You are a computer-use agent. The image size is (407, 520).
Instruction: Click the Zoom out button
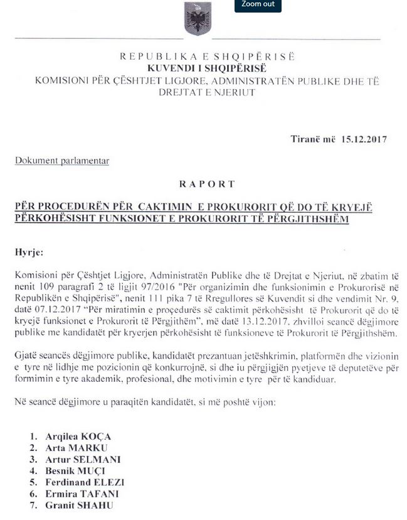[258, 4]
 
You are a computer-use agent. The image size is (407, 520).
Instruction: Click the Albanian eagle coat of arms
[197, 19]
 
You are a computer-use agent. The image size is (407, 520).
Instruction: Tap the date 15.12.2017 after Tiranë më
[364, 139]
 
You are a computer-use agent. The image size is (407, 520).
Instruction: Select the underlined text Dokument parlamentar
[62, 161]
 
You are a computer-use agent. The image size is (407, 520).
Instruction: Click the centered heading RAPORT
[207, 184]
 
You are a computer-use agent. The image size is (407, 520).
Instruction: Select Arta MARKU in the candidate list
[76, 448]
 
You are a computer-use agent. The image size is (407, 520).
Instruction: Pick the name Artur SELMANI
[82, 459]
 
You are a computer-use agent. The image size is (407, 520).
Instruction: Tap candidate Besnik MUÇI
[75, 471]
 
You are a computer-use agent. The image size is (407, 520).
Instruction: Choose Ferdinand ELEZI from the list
[85, 482]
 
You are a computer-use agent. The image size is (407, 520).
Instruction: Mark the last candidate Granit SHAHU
[79, 505]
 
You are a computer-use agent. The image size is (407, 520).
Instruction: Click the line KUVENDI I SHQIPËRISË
[207, 68]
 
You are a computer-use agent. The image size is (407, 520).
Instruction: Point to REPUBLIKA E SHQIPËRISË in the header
[207, 57]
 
